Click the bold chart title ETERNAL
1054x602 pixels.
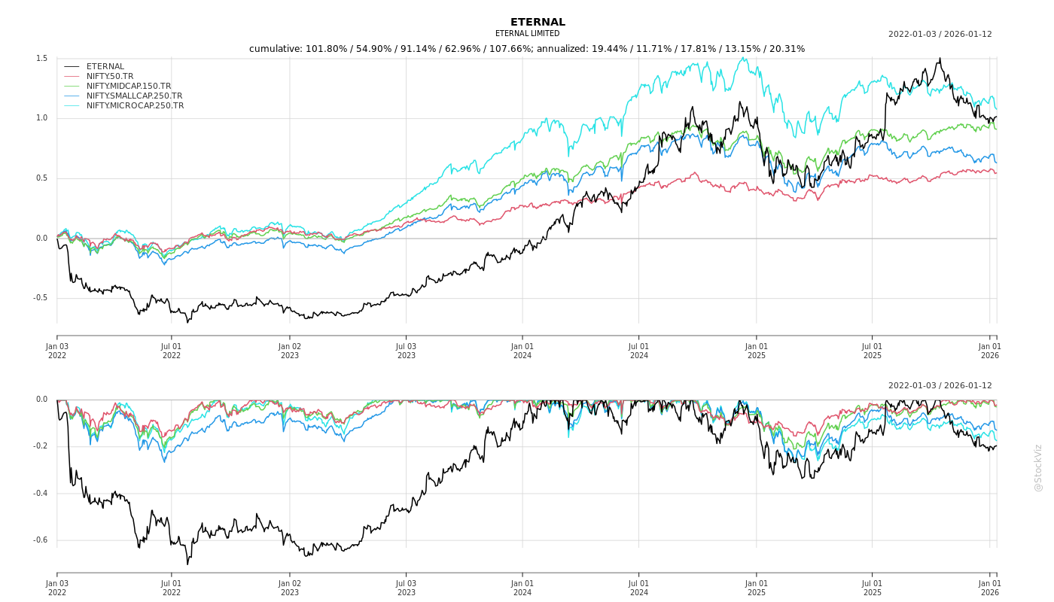[x=538, y=22]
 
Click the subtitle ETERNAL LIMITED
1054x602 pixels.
[x=527, y=34]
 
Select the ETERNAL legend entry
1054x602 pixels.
[x=105, y=67]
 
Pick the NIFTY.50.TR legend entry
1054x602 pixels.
[x=110, y=77]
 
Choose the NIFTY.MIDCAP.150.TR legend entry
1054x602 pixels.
[x=128, y=87]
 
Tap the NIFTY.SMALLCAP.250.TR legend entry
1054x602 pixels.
[x=134, y=96]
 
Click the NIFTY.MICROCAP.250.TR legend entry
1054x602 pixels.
[x=135, y=106]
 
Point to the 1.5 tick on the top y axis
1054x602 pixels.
[x=41, y=59]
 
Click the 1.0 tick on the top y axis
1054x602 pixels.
[x=41, y=118]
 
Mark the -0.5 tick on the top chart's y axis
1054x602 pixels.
[x=40, y=298]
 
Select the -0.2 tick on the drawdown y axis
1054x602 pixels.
[x=40, y=446]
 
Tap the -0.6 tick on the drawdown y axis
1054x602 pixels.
[x=40, y=540]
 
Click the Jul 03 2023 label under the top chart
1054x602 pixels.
[x=406, y=351]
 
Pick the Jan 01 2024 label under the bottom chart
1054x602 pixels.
[x=522, y=588]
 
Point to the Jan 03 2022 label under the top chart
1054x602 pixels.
[x=57, y=351]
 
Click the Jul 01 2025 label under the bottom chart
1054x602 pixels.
[x=873, y=588]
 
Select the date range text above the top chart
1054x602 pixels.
[x=940, y=35]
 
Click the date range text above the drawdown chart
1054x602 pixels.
[x=940, y=386]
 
